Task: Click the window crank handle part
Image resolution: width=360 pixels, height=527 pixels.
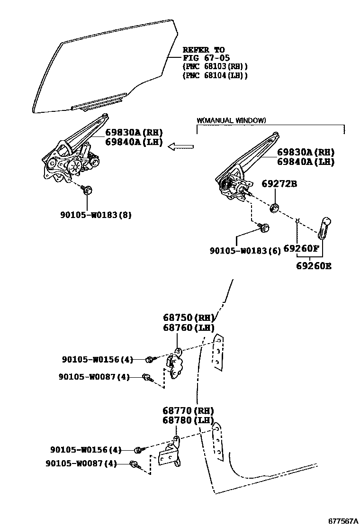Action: (324, 228)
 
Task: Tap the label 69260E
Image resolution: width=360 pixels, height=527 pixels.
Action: (314, 266)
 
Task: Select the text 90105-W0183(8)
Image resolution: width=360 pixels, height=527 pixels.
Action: (96, 215)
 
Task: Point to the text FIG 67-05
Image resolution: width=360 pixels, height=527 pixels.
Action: (207, 58)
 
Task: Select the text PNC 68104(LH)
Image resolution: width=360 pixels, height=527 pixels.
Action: (215, 75)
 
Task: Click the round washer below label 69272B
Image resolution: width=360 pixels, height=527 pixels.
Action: (274, 208)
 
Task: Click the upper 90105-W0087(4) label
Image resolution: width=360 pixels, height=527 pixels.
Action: (94, 377)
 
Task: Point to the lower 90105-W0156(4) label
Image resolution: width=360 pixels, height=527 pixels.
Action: (86, 449)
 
